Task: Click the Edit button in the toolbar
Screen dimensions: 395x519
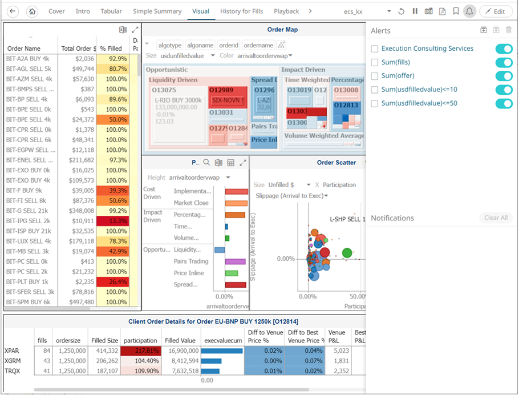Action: click(x=496, y=11)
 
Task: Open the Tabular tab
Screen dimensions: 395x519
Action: click(x=111, y=11)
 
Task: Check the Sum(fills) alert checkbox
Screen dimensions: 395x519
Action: click(x=375, y=62)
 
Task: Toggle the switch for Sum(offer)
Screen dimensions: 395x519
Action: click(x=504, y=76)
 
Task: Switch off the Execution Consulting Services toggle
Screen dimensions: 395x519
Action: click(x=504, y=49)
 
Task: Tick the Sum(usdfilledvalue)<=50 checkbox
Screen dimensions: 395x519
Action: click(x=375, y=103)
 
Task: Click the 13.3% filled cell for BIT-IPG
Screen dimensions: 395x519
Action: click(x=113, y=221)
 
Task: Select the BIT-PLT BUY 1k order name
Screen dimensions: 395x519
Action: click(x=27, y=281)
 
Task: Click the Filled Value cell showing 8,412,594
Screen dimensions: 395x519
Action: click(x=180, y=361)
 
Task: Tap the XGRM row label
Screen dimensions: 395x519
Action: click(x=13, y=361)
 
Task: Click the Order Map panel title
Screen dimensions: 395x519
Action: click(x=282, y=30)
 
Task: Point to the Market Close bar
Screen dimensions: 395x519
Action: click(x=236, y=203)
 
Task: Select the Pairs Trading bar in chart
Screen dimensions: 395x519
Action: click(x=235, y=261)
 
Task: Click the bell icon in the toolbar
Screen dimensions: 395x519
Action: click(x=469, y=11)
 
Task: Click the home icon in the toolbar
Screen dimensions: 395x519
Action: click(x=32, y=11)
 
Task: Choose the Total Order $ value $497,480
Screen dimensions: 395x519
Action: click(x=78, y=302)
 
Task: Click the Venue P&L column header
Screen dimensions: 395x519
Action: click(x=337, y=336)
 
